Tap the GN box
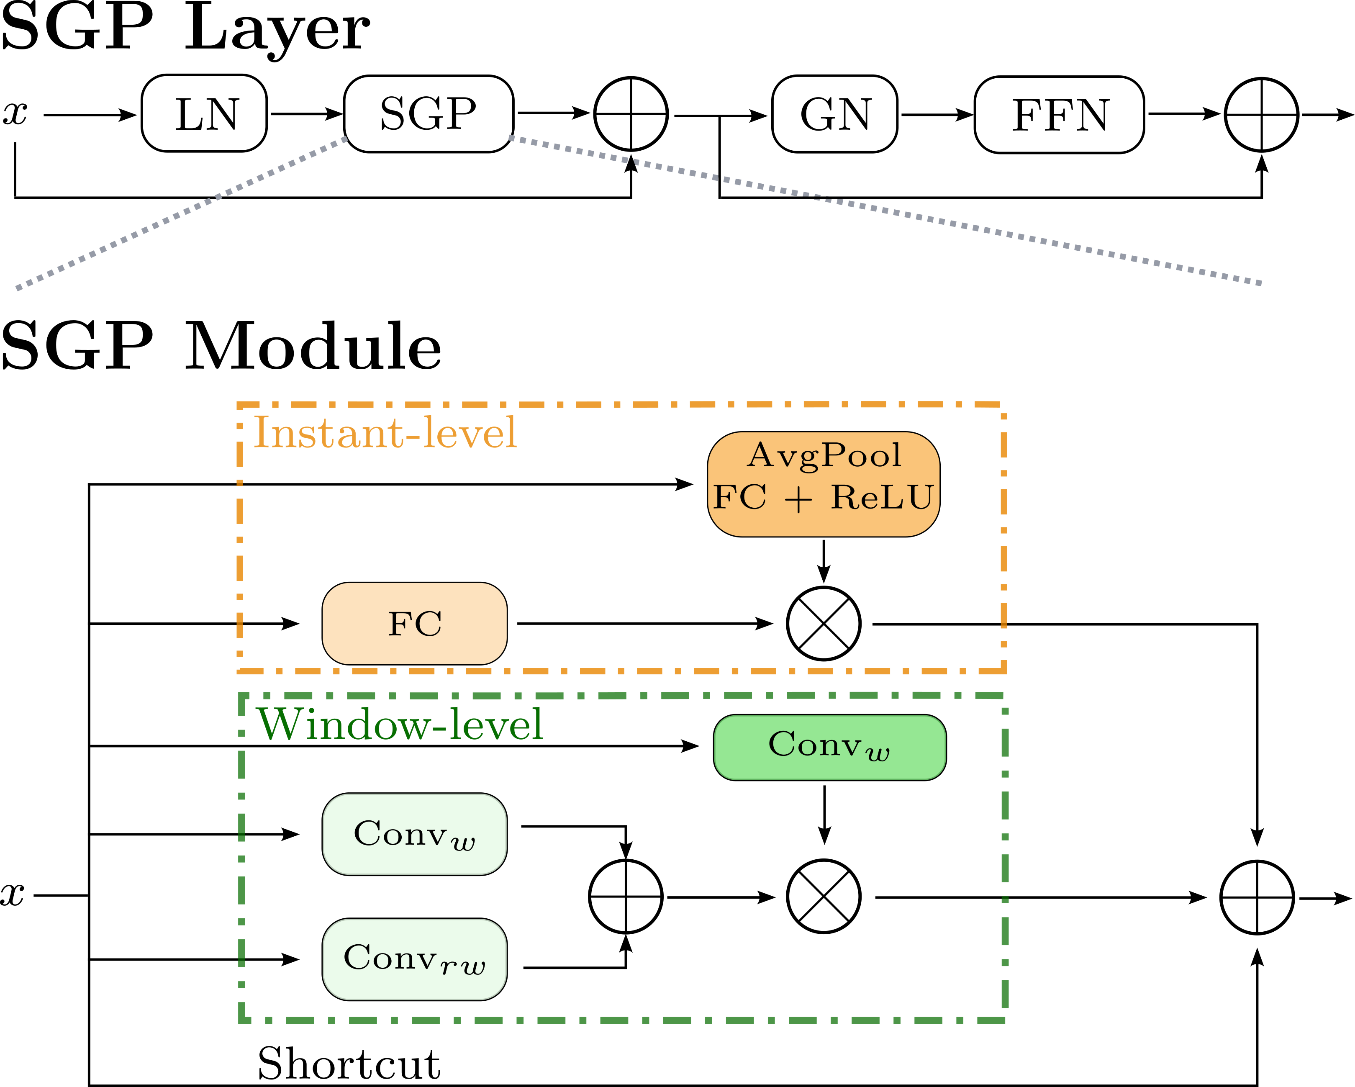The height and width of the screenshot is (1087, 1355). pos(834,114)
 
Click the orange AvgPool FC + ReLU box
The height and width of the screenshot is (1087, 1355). pos(823,484)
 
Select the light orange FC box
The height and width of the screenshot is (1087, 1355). pos(415,624)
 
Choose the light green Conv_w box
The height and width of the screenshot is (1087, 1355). pos(415,834)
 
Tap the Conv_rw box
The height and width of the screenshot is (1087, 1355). pos(415,959)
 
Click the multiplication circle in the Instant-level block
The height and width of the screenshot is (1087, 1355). pos(823,624)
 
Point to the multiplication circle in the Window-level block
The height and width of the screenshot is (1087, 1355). pos(823,897)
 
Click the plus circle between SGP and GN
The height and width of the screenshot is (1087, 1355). pos(631,114)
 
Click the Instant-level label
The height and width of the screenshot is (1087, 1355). pos(385,433)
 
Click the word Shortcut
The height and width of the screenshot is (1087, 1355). pos(349,1064)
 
